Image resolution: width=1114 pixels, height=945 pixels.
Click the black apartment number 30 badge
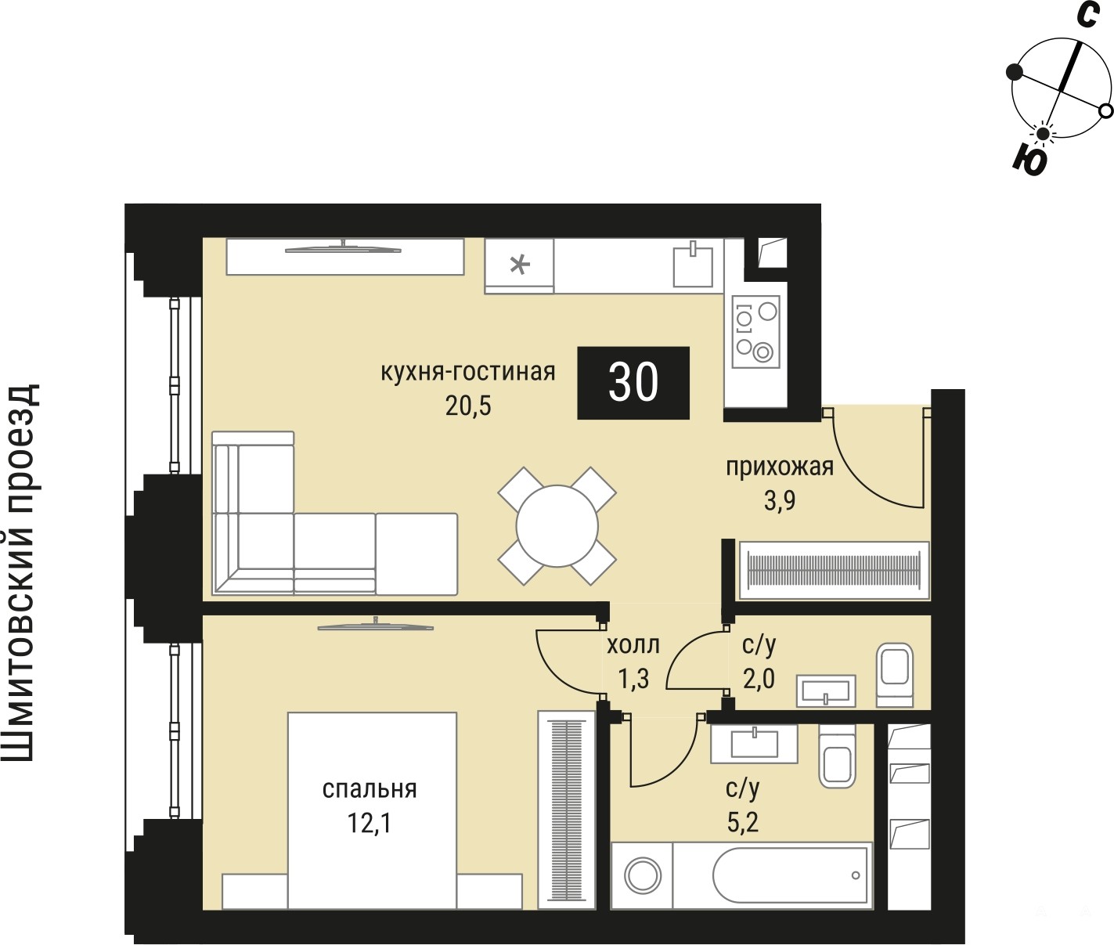click(633, 383)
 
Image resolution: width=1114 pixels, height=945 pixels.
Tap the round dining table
click(557, 525)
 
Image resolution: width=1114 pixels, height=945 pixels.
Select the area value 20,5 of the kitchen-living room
click(468, 406)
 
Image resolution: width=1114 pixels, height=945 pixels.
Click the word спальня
click(370, 789)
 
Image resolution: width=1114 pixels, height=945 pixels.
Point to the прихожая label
click(779, 467)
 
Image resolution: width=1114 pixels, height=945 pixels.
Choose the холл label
click(633, 644)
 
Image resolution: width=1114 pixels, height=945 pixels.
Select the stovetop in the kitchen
click(755, 331)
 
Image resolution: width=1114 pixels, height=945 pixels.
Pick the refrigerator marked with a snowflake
click(520, 265)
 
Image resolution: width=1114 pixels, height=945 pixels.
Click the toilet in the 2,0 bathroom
click(894, 675)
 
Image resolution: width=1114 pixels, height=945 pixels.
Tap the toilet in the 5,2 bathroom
click(837, 756)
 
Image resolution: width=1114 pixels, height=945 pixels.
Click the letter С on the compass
click(1087, 15)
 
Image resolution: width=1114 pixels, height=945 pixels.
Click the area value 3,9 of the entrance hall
click(779, 501)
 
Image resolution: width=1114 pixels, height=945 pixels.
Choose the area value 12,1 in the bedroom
click(370, 824)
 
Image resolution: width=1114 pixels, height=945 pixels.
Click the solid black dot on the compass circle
click(1015, 86)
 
